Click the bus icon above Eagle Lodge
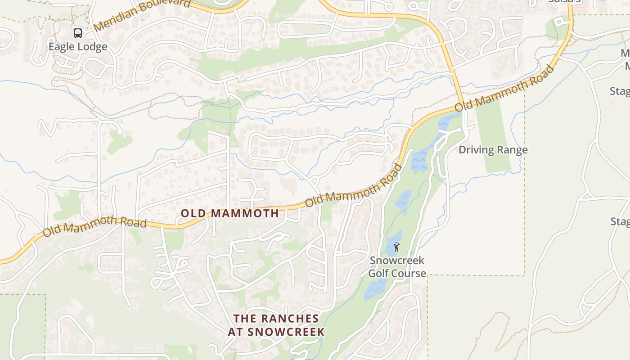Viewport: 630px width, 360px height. [78, 33]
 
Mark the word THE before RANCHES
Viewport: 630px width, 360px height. [244, 319]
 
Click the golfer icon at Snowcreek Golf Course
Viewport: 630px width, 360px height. [396, 247]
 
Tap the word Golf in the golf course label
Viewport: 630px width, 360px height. [379, 273]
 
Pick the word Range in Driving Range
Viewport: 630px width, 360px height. [513, 150]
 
